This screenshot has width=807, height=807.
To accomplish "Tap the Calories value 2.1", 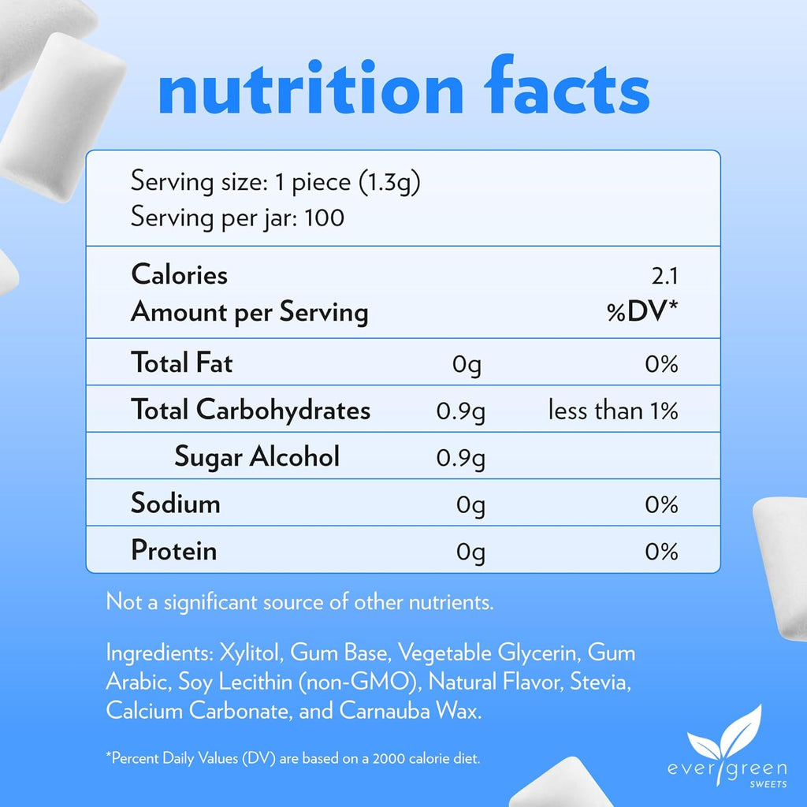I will pos(663,276).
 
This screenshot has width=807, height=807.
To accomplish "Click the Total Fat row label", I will pos(182,363).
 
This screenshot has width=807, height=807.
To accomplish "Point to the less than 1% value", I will pos(613,411).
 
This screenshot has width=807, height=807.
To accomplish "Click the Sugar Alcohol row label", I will pos(257,456).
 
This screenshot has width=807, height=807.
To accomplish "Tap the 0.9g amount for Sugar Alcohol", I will pos(460,458).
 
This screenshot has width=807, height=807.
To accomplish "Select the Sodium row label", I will pos(176,503).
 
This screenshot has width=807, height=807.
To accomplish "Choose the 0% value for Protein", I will pos(661,551).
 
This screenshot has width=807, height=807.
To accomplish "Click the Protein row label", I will pos(174,550).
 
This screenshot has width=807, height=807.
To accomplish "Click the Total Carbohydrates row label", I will pos(251,410).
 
